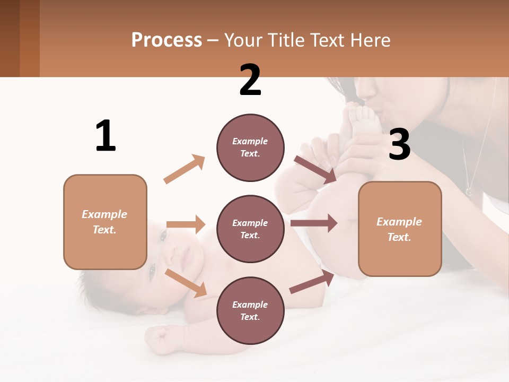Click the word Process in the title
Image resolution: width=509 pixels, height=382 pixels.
[166, 40]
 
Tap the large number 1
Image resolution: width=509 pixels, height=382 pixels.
[106, 136]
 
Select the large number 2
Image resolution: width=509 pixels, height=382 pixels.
[250, 80]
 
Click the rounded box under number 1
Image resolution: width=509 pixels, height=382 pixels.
[105, 222]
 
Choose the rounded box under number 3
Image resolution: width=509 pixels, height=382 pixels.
[400, 229]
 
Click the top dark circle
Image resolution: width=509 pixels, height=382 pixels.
[250, 147]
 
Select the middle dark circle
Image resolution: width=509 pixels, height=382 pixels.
[250, 229]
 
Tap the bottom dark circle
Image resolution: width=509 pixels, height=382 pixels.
[250, 310]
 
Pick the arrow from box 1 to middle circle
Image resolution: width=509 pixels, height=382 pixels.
[186, 224]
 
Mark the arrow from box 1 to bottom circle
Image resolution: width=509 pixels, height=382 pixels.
[186, 283]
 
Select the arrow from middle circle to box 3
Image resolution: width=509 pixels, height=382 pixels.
[313, 223]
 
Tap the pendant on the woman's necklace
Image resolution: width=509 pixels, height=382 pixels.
[469, 190]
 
